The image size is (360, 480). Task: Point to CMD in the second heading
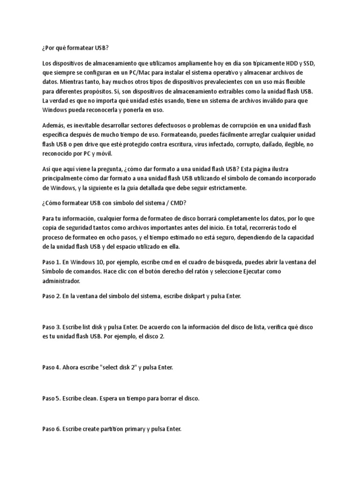(178, 202)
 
